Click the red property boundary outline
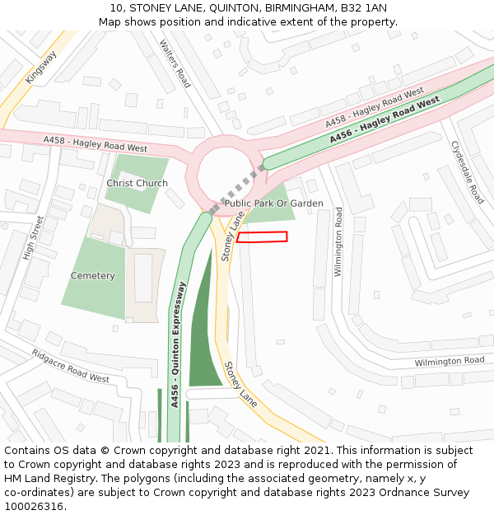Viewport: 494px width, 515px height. [262, 237]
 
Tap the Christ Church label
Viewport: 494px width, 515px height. [137, 183]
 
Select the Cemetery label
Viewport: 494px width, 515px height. [92, 275]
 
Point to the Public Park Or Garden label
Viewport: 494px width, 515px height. [273, 203]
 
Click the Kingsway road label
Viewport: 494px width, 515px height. [40, 67]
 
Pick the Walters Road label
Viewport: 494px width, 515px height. [175, 63]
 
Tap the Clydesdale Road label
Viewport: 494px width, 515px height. [467, 172]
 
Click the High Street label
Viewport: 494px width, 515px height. [34, 238]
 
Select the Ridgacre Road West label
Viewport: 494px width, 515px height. [70, 366]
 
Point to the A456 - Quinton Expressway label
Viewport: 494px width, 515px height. [176, 345]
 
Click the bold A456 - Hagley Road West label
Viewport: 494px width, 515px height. [384, 120]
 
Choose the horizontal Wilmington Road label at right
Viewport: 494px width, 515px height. [449, 362]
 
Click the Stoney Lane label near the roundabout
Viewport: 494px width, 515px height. [233, 236]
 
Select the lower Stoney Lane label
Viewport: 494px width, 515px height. [241, 384]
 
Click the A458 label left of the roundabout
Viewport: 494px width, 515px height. [96, 144]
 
